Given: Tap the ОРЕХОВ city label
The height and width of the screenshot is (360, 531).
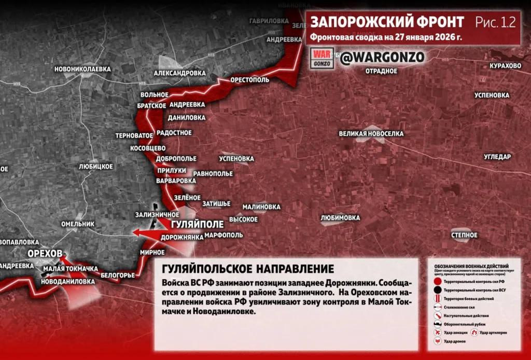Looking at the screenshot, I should coord(45,253).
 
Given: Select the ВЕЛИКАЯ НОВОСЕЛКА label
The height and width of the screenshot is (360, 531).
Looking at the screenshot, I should coord(371,134).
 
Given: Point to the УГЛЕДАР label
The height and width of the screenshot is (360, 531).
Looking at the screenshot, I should coord(497,157).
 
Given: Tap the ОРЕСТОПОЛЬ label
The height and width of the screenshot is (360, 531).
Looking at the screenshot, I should coord(250,81).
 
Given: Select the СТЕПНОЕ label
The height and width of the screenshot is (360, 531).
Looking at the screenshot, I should coord(464,235).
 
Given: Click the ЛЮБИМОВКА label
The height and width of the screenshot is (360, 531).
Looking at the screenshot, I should coord(340,218).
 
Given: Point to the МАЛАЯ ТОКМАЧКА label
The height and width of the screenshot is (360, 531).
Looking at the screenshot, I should coord(71,269).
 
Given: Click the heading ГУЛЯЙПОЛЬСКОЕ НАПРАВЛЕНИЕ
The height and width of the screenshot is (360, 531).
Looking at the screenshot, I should coord(248,269).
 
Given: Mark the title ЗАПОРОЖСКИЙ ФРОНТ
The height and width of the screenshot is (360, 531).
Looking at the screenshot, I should coord(387,22).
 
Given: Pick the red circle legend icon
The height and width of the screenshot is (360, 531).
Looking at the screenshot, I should coord(438,281).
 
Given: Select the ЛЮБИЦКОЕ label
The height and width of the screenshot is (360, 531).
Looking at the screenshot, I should coord(96,167).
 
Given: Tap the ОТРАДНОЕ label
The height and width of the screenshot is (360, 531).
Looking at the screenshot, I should coord(381,71).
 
